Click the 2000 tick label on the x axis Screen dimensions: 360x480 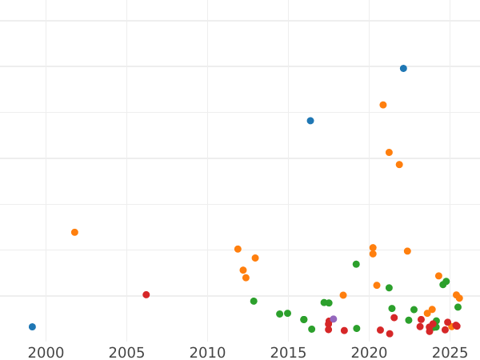coord(46,352)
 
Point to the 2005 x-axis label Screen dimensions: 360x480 coord(126,352)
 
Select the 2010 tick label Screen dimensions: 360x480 coord(207,352)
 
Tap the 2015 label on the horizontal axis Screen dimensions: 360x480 coord(288,352)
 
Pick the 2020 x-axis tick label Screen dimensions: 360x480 coord(369,352)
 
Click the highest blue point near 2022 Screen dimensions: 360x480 coord(403,69)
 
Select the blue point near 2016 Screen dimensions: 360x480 coord(310,121)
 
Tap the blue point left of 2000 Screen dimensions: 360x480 coord(32,327)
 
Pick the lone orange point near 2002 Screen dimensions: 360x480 coord(74,233)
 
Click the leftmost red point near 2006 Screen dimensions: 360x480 coord(146,295)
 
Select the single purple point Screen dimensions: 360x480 coord(334,319)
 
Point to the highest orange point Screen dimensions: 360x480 coord(383,105)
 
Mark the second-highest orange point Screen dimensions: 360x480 coord(389,153)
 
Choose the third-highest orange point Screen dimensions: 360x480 coord(399,165)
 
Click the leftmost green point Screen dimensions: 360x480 coord(254,302)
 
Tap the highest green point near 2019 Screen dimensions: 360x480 coord(356,265)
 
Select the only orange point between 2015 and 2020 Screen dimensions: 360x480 coord(343,295)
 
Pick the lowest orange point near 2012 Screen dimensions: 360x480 coord(246,278)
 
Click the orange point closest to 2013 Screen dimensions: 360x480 coord(255,258)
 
